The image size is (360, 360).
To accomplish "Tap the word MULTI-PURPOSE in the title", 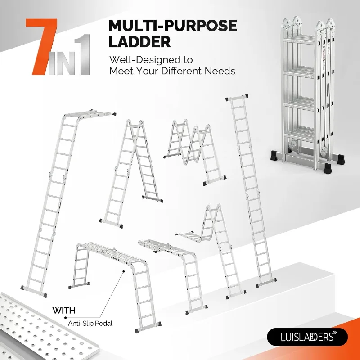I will (172, 26).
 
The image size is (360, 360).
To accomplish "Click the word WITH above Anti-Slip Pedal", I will (64, 310).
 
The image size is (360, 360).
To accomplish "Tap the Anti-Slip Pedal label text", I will (90, 323).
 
